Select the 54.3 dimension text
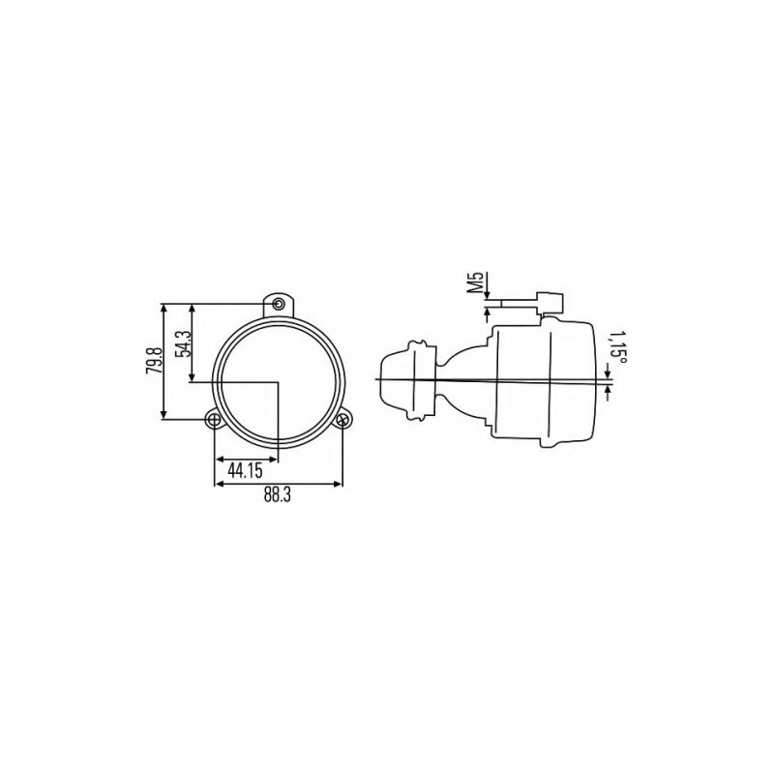pos(184,342)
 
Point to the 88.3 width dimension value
pos(277,495)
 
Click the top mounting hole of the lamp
pos(280,303)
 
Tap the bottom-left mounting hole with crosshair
pos(214,420)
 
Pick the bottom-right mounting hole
pos(342,420)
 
